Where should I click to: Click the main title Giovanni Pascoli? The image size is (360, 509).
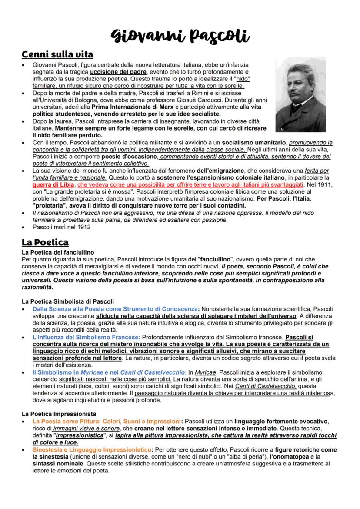point(180,35)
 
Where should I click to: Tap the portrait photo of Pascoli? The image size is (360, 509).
point(300,95)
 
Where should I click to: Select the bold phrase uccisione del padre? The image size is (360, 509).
point(119,71)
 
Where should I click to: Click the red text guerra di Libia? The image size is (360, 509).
point(54,184)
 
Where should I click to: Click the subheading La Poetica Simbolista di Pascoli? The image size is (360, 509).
point(67,301)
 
